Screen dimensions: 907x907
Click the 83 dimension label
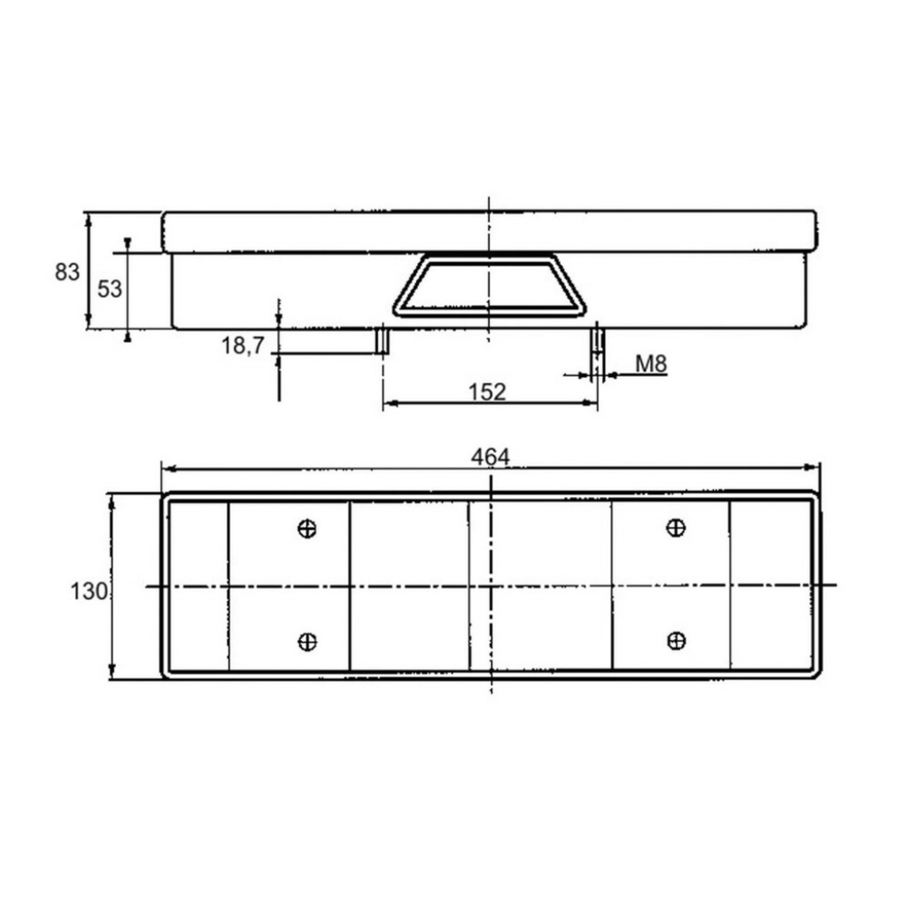click(67, 272)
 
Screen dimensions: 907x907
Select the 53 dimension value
click(109, 289)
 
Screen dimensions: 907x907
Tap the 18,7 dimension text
click(243, 346)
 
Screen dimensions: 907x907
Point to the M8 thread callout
click(651, 364)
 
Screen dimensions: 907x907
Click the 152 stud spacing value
click(487, 392)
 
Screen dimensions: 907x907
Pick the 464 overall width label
click(491, 458)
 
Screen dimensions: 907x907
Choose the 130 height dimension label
click(89, 591)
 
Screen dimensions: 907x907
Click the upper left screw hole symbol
click(307, 528)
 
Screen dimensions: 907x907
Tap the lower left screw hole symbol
click(307, 641)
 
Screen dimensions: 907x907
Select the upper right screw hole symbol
click(676, 528)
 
